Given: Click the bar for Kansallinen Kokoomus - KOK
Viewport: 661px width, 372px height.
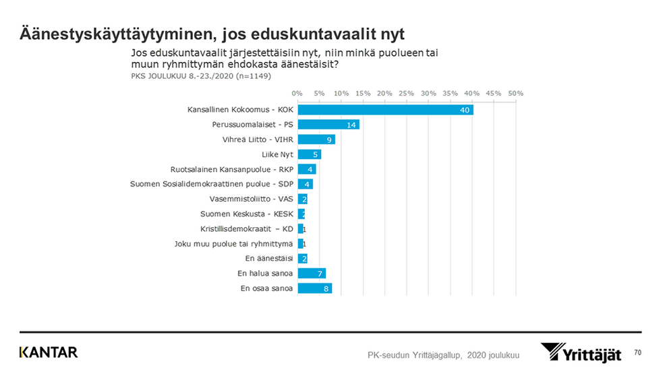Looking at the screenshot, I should (385, 109).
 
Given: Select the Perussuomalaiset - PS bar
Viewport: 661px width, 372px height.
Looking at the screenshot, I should (328, 124).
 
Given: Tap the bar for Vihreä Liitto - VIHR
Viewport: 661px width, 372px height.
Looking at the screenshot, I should (316, 139).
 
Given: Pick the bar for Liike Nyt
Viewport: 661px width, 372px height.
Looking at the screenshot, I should (309, 154).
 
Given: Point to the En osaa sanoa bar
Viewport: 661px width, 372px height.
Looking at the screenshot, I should (314, 288).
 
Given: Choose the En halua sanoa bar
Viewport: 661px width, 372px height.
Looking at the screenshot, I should (312, 274).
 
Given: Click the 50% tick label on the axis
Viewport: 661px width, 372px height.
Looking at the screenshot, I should (516, 92).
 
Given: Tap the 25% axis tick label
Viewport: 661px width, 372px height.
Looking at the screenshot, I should (406, 92).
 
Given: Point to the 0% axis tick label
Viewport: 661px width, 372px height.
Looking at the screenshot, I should (297, 92).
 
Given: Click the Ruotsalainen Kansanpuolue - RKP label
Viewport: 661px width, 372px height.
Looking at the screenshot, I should (233, 169).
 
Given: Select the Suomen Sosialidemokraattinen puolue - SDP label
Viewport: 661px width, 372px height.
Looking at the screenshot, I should (212, 184).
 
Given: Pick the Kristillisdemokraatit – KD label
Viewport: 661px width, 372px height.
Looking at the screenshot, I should (247, 229).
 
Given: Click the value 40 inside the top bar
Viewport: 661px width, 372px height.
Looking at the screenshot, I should (465, 110).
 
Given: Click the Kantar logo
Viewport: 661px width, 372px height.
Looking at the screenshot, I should (49, 352).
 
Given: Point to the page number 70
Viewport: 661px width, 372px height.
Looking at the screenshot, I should (637, 352).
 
